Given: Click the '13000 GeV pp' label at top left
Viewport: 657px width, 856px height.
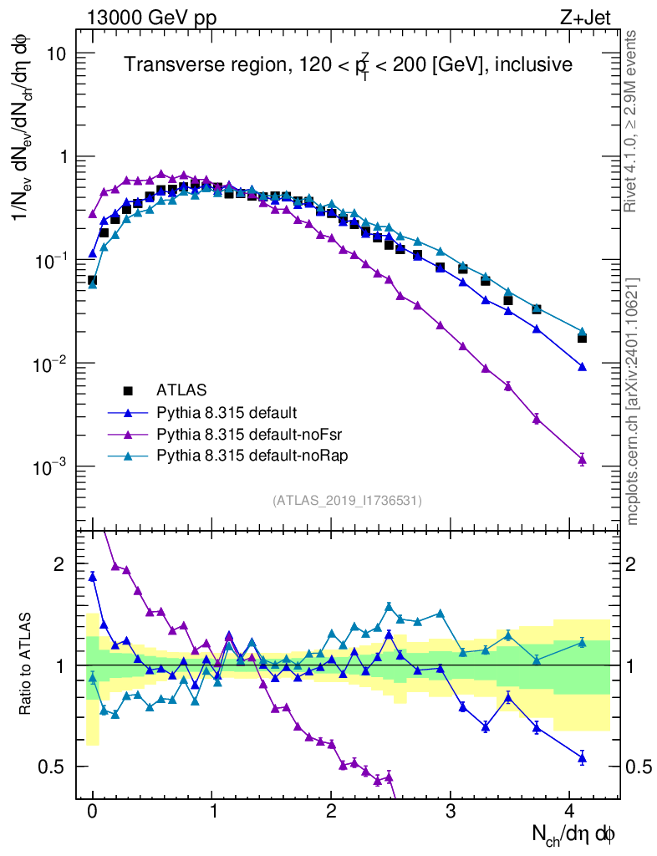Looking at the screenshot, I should [150, 18].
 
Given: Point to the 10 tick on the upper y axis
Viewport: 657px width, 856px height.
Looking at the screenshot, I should [56, 53].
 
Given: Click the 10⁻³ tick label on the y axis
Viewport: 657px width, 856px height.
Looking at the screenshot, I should [51, 466].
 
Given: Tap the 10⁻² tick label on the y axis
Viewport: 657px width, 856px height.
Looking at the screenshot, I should [51, 364].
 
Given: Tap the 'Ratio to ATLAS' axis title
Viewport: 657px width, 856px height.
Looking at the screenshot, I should [27, 665].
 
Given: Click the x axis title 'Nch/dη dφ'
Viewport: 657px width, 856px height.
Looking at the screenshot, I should [574, 833].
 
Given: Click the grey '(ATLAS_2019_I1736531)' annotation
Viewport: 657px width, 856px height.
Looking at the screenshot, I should [347, 501].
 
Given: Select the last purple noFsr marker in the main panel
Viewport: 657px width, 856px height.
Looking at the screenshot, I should [582, 459].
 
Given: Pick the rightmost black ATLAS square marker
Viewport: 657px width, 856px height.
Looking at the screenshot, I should [582, 338].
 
